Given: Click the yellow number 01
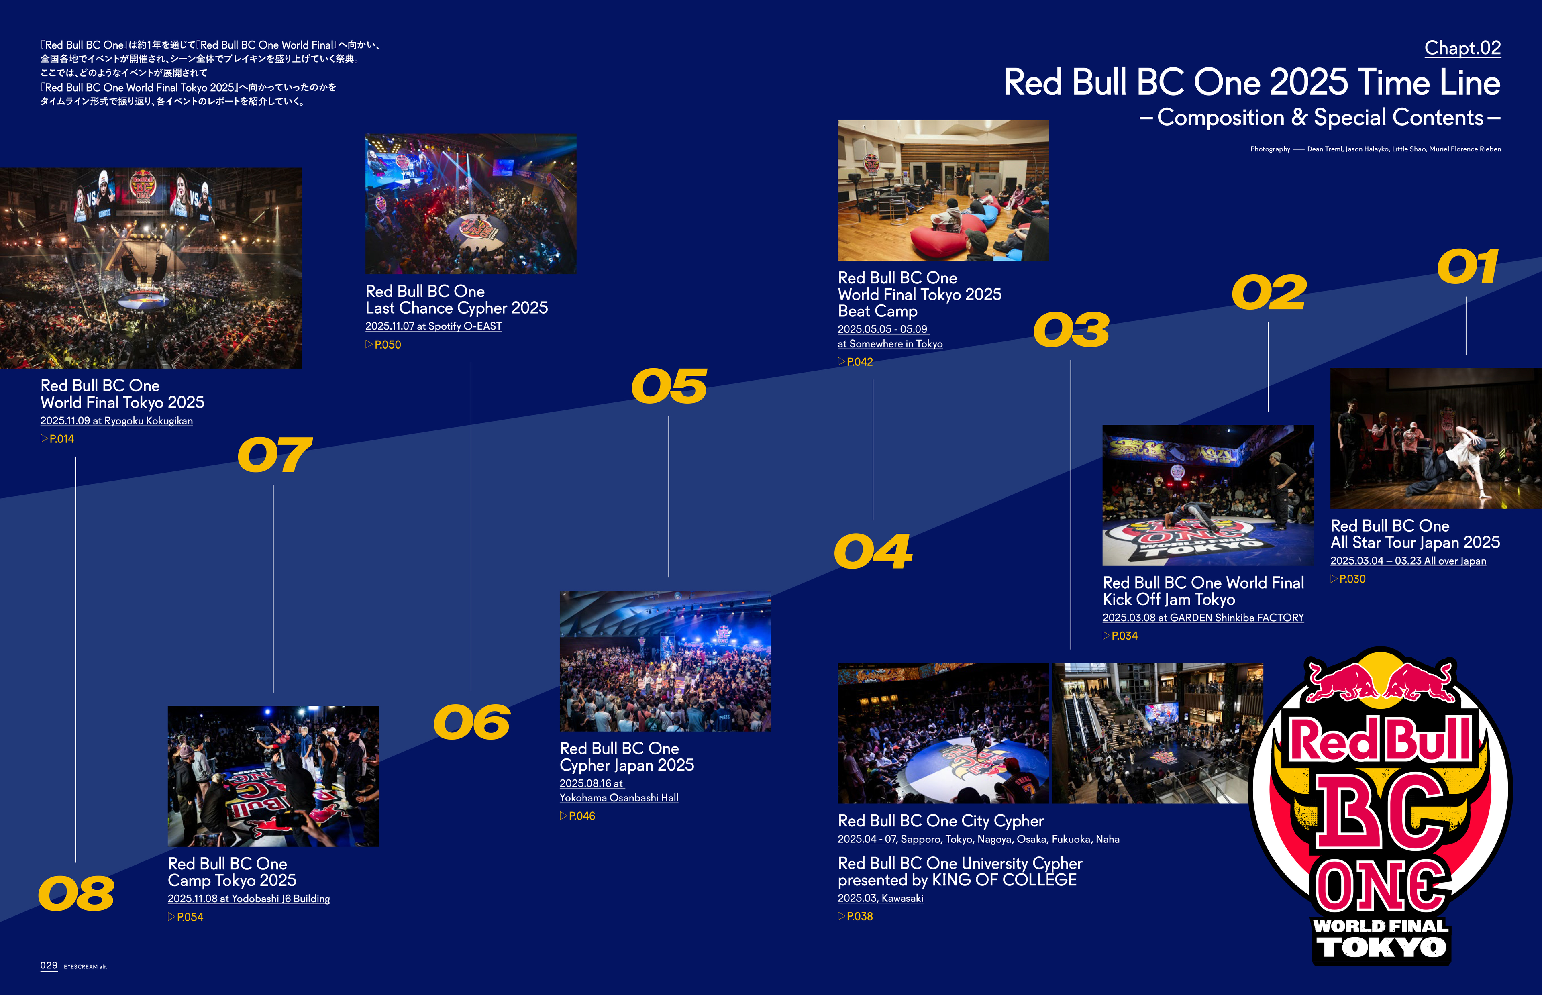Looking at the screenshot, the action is [x=1467, y=267].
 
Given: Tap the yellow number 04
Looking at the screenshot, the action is [x=873, y=551].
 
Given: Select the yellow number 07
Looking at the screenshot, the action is [x=275, y=455].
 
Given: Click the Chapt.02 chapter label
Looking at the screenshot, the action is [x=1462, y=48].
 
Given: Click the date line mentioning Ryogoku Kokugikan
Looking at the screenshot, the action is [x=116, y=421].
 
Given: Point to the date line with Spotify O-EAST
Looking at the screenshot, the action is [x=433, y=326].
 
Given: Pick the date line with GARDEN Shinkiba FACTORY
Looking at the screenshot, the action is [x=1203, y=618].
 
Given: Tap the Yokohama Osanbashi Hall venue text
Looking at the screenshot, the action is [x=619, y=798].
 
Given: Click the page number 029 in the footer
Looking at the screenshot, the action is [x=49, y=965].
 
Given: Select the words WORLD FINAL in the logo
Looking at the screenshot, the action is [x=1381, y=926].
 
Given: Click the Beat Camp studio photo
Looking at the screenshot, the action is [x=943, y=191].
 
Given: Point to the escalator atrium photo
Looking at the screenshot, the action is [x=1158, y=733].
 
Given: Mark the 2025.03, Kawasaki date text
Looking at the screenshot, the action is [x=881, y=898].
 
